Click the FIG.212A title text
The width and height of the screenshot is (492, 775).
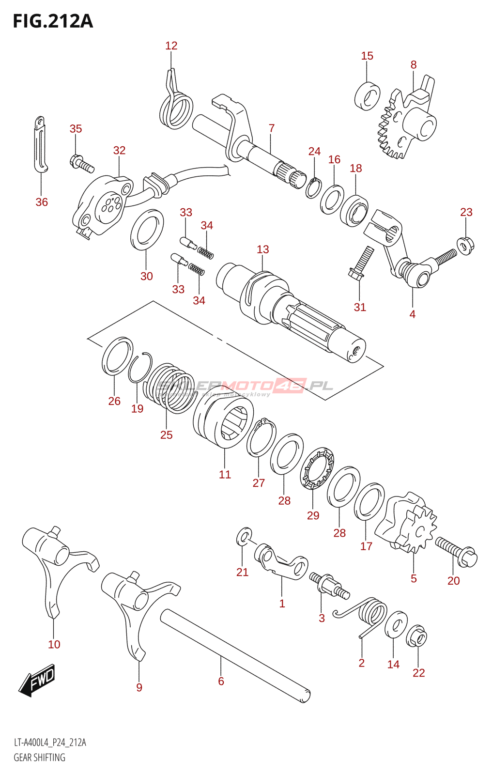coord(53,21)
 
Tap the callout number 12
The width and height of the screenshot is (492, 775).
coord(171,46)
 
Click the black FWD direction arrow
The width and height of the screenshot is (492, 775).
coord(38,681)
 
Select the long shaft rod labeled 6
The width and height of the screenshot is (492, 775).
coord(235,655)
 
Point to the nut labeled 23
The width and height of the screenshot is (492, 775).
coord(465,246)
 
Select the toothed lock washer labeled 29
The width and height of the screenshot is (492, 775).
coord(317,468)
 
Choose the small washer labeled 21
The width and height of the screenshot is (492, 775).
coord(245,536)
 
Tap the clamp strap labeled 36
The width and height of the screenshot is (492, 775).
coord(41,144)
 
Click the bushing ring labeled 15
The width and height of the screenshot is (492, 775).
coord(368,96)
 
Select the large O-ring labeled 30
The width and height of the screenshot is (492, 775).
coord(147,230)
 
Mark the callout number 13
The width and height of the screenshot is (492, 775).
coord(262,249)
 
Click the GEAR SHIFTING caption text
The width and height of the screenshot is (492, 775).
coord(39,758)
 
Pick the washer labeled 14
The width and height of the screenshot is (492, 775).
coord(396,625)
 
